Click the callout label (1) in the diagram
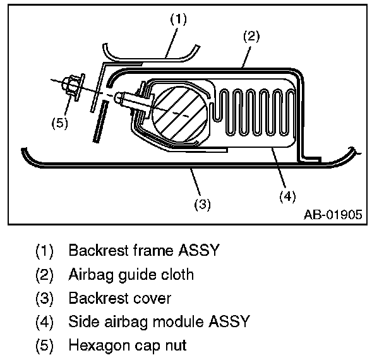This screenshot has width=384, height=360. (x=179, y=19)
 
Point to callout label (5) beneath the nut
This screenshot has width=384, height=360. (x=59, y=123)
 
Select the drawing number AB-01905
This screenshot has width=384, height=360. (x=333, y=215)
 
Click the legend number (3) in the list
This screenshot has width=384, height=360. (x=44, y=297)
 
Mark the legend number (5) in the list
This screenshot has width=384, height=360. (x=44, y=345)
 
